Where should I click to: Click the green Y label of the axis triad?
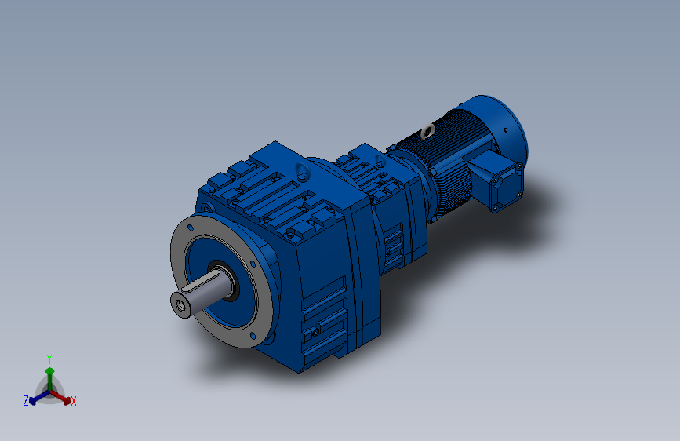click(49, 358)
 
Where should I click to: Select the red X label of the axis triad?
click(74, 402)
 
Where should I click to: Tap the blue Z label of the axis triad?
click(26, 400)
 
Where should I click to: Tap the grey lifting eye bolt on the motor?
click(427, 130)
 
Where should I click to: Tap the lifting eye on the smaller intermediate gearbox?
click(380, 162)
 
